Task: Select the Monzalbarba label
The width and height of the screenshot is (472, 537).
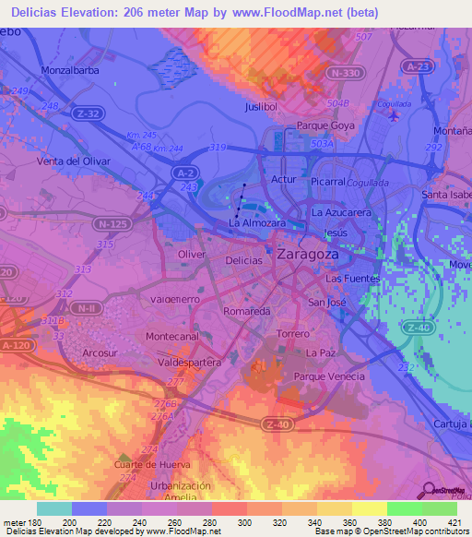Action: [x=70, y=69]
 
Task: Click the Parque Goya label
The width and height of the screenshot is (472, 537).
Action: [x=325, y=125]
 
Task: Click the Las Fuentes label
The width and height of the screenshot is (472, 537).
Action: [x=352, y=278]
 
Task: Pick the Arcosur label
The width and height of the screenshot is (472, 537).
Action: [x=100, y=352]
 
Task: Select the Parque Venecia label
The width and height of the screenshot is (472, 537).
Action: [x=329, y=376]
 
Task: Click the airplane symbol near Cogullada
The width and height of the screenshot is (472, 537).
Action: [x=395, y=116]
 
